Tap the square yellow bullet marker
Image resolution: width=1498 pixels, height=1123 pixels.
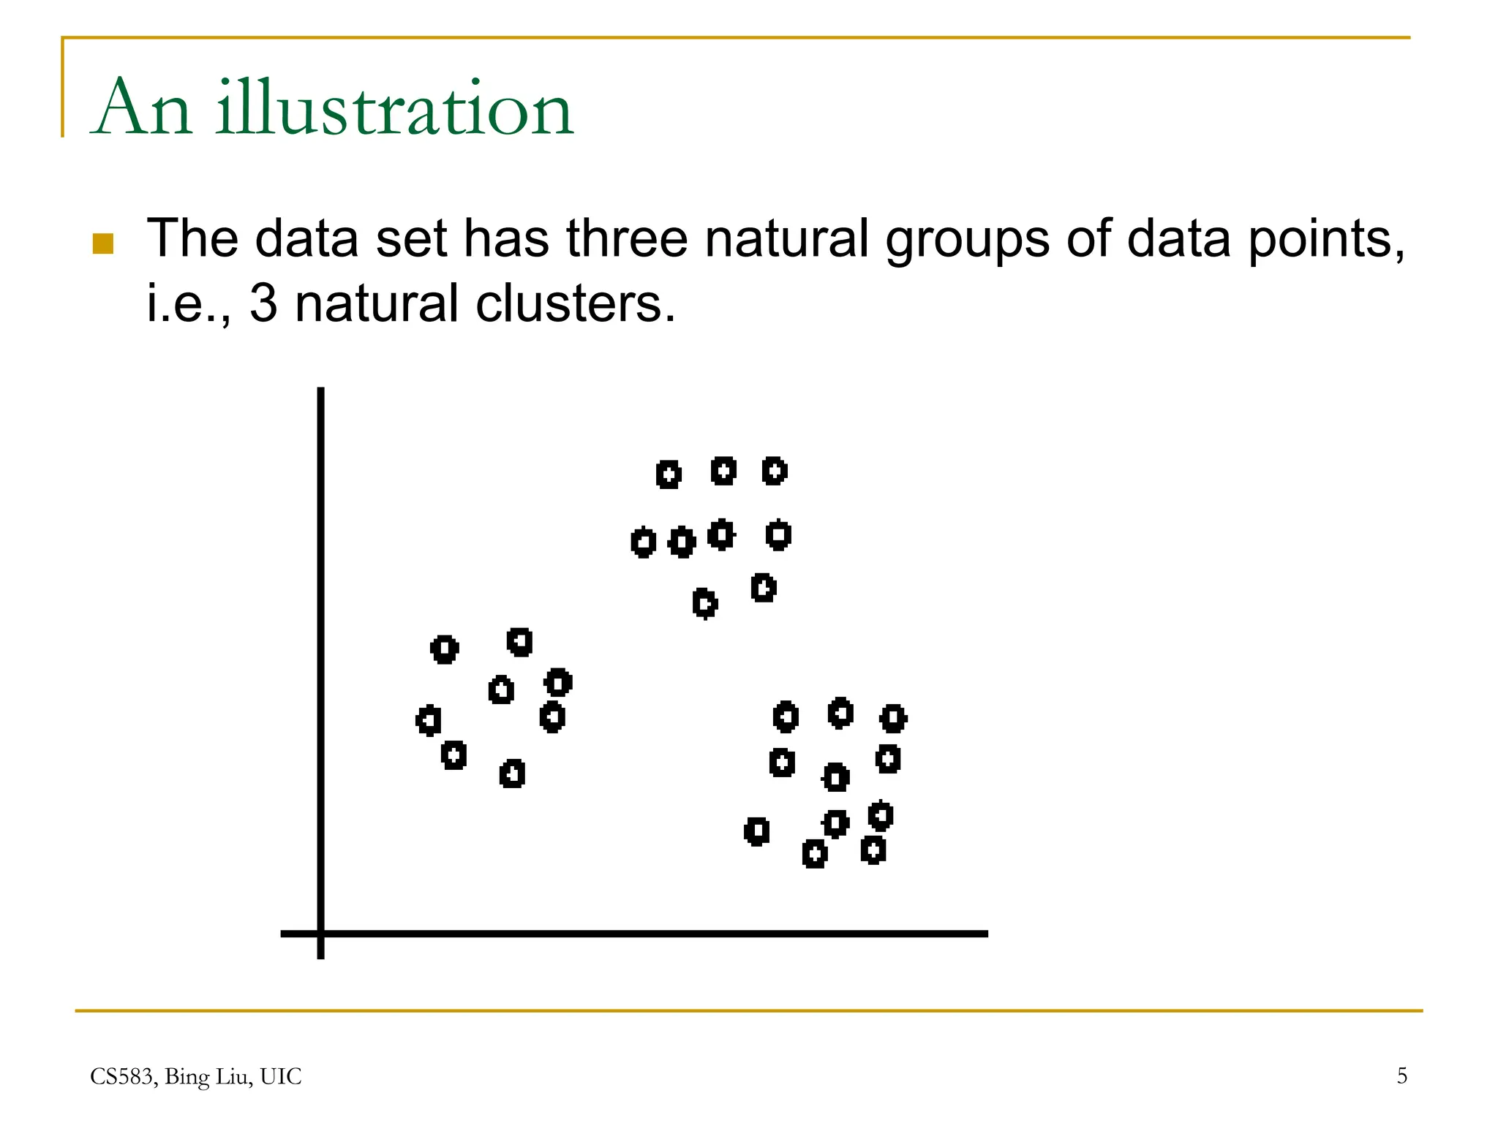103,243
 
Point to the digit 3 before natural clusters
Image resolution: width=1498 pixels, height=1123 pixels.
263,303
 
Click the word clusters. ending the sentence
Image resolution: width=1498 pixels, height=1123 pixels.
575,303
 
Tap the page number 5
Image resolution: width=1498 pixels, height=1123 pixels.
1401,1075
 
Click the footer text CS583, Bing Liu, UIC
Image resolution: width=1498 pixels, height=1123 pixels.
195,1076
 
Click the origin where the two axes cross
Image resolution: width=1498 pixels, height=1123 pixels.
320,934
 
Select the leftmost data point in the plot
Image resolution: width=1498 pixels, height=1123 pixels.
429,720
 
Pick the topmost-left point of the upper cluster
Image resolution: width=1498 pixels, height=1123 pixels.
668,474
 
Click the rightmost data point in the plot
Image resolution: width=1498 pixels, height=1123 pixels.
893,718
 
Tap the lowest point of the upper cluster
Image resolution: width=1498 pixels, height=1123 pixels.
705,603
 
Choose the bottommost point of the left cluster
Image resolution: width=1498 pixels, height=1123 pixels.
512,774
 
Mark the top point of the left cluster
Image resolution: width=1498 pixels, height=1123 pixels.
519,642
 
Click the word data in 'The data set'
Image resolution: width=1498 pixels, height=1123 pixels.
306,238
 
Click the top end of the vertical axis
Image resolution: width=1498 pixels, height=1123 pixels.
320,391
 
